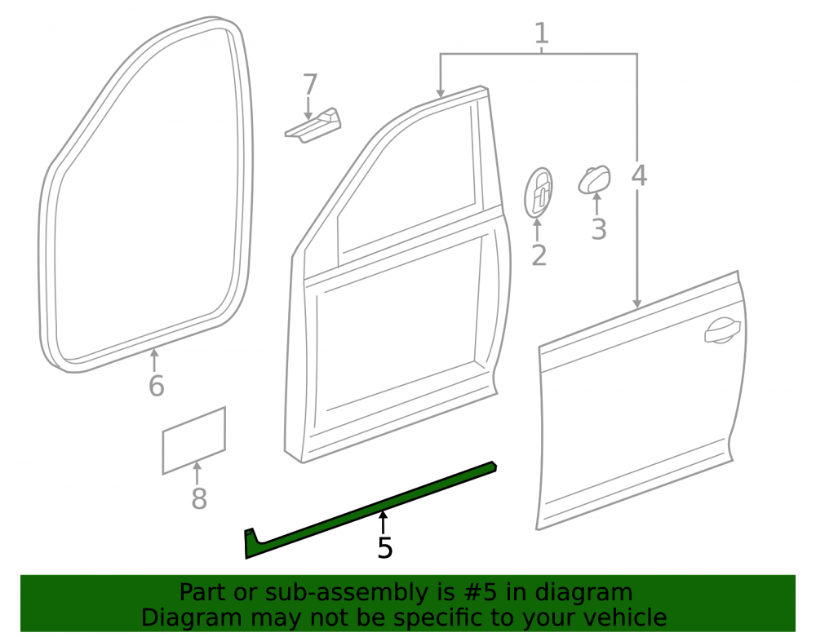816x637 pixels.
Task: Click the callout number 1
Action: (x=542, y=33)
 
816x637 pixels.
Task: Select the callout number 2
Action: (x=539, y=255)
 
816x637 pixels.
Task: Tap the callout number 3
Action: (x=599, y=229)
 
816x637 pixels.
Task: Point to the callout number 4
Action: (x=639, y=175)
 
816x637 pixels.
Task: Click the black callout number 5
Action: (x=385, y=548)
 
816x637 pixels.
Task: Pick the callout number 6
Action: (x=156, y=386)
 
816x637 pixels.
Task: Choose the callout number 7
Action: (x=310, y=85)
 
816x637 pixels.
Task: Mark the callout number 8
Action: (x=199, y=498)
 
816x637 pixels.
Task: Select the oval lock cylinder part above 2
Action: (x=538, y=192)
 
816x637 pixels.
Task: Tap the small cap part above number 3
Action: (x=594, y=179)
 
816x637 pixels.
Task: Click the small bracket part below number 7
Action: (x=313, y=126)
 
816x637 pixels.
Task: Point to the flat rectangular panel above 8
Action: (x=193, y=440)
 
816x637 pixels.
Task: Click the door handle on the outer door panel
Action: (x=722, y=330)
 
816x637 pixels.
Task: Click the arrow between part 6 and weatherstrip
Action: (x=154, y=361)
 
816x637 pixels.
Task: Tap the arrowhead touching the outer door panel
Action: (x=637, y=304)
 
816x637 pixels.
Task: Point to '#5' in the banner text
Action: (x=475, y=593)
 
